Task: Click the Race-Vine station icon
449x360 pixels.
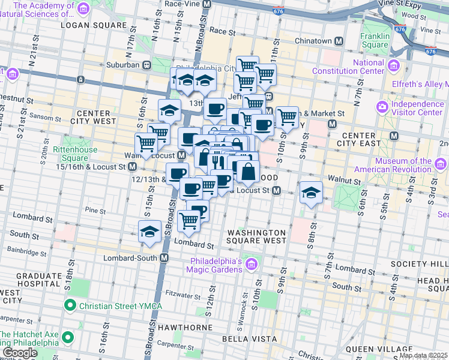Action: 207,4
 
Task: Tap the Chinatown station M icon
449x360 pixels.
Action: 339,41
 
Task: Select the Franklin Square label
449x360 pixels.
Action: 375,40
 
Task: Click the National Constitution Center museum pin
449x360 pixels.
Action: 394,65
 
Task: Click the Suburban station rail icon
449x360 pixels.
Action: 146,65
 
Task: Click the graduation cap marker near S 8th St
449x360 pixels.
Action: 310,193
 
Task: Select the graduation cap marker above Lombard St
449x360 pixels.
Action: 149,232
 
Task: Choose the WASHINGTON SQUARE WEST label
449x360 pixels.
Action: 256,236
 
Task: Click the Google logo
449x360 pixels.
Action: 20,353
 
